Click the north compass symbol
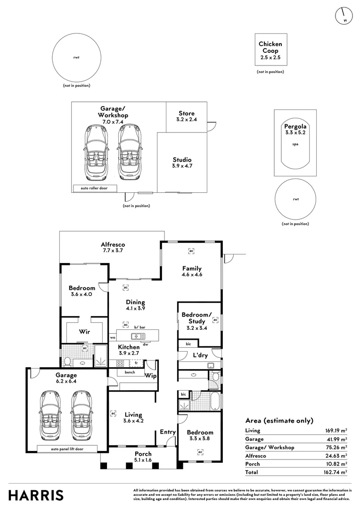[x=344, y=16]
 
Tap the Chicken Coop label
[x=270, y=51]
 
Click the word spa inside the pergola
[x=295, y=145]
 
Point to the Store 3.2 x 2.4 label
[x=187, y=116]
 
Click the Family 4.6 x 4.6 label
[x=192, y=271]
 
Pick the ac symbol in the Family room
[x=191, y=251]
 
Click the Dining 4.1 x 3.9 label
[x=135, y=305]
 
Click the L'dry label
[x=200, y=355]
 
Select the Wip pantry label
[x=151, y=376]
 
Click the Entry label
[x=168, y=432]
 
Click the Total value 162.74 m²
[x=335, y=472]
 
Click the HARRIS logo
[x=36, y=495]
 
